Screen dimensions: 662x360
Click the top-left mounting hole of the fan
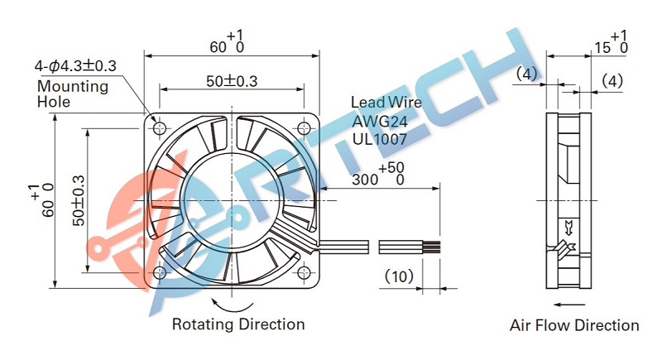(160, 127)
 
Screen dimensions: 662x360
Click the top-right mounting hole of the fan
(304, 127)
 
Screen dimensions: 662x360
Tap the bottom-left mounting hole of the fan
(160, 272)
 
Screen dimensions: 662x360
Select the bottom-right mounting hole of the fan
(304, 272)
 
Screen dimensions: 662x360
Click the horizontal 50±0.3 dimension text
(232, 80)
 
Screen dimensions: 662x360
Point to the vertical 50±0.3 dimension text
(79, 200)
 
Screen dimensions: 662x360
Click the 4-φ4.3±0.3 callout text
(75, 65)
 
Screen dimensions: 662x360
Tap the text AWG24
(380, 122)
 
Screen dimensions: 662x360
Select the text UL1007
(380, 139)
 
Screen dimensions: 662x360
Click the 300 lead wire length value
(365, 180)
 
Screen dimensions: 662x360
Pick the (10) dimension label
(399, 276)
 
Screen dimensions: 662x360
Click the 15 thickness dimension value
(603, 48)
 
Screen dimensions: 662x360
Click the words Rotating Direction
(238, 324)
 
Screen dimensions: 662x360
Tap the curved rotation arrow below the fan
(233, 310)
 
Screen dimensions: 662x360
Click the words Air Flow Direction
(574, 325)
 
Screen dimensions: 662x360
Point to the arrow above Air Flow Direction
(568, 305)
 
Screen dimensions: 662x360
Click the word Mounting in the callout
(73, 87)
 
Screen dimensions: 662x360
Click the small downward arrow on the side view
(568, 227)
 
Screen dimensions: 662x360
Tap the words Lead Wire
(386, 102)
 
